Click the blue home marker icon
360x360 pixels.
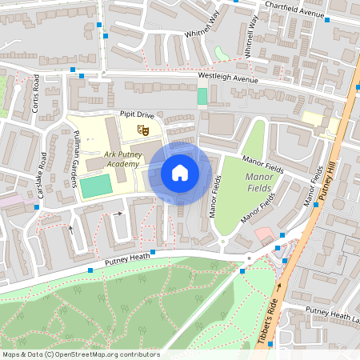point(180,172)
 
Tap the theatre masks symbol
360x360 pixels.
point(144,128)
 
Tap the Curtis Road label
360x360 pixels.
point(34,94)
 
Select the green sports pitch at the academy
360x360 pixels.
point(95,186)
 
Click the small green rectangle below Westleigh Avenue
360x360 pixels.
point(202,96)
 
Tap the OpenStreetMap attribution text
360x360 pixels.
point(80,354)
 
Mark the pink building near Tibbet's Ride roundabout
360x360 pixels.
point(264,234)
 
